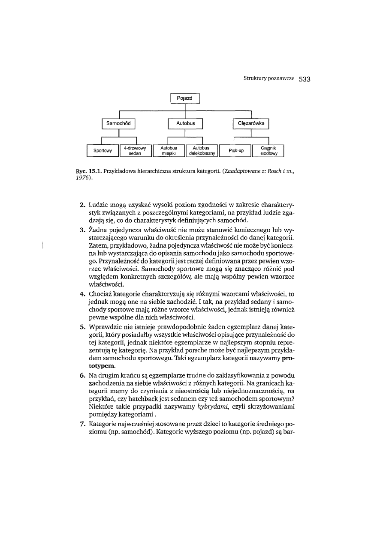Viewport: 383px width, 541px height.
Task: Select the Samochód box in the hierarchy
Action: (118, 124)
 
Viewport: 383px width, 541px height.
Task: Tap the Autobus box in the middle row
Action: (185, 124)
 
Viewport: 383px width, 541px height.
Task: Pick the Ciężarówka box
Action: (251, 124)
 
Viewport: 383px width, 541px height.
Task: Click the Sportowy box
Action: (102, 151)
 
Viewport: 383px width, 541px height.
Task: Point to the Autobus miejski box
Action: (169, 151)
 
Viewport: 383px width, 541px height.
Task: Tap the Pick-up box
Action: (235, 151)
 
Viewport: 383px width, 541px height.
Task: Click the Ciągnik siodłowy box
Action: (268, 151)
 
